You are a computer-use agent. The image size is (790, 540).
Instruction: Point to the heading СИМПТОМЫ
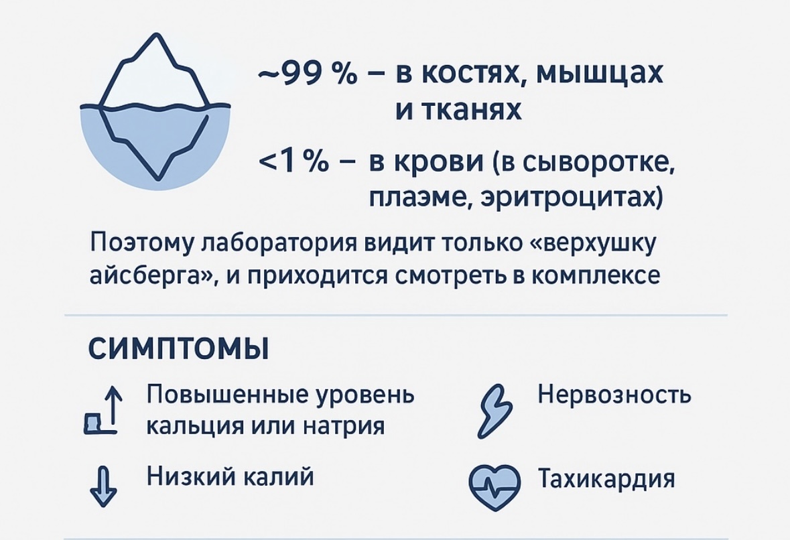pyautogui.click(x=178, y=349)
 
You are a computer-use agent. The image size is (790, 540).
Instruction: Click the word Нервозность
pyautogui.click(x=614, y=395)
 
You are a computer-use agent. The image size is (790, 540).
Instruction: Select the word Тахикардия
pyautogui.click(x=606, y=480)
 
